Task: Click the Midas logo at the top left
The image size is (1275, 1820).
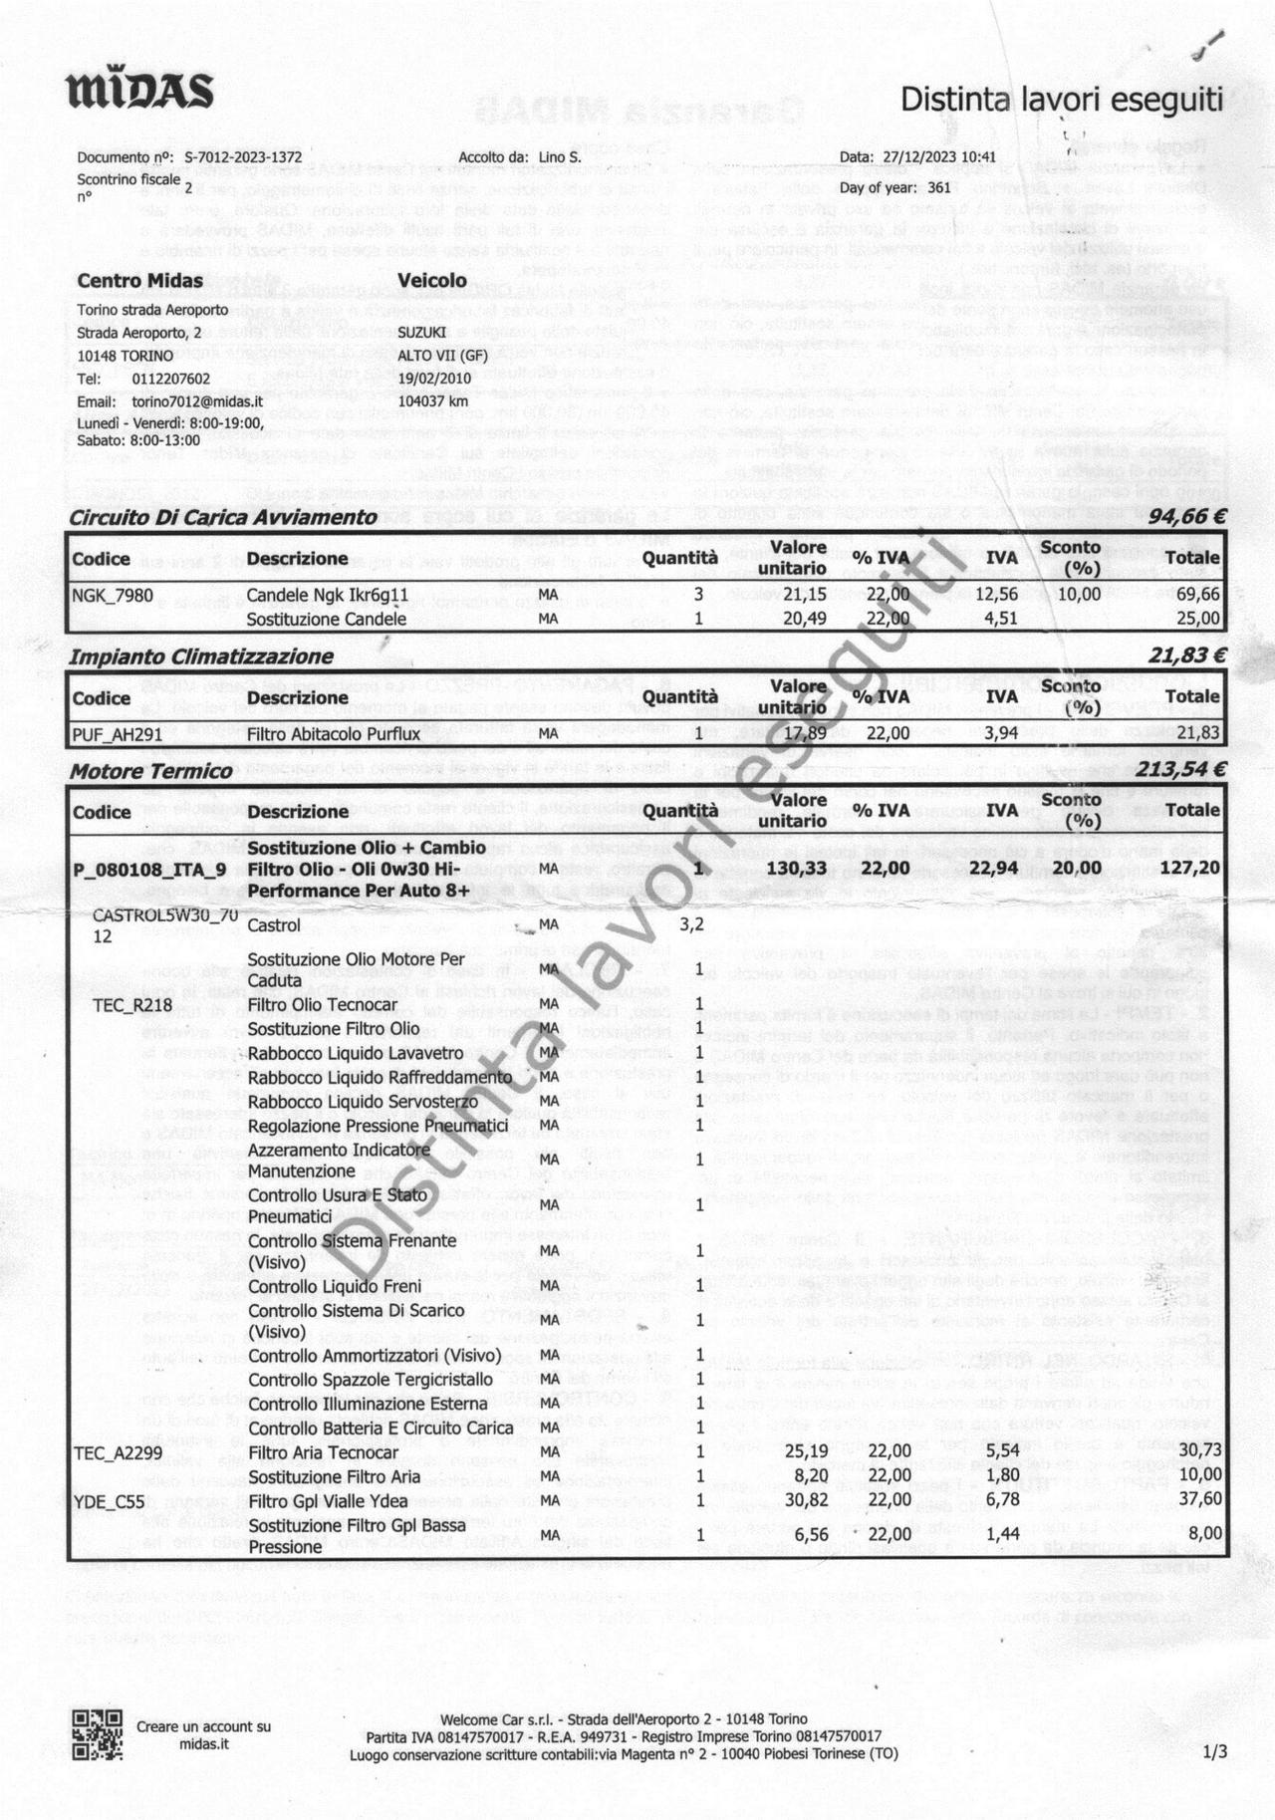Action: (x=139, y=91)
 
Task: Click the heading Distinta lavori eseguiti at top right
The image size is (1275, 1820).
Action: (x=1061, y=99)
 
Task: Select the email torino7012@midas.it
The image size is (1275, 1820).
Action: (x=197, y=401)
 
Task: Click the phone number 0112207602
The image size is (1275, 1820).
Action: (x=171, y=379)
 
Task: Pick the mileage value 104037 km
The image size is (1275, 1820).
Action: (x=433, y=401)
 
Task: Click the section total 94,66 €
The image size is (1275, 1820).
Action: (x=1186, y=516)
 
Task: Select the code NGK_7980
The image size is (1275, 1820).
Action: (x=113, y=595)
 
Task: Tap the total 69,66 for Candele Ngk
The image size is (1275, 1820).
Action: (x=1198, y=595)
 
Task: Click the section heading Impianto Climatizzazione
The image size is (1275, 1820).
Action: (x=201, y=656)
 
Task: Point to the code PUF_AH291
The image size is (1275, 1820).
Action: (x=118, y=733)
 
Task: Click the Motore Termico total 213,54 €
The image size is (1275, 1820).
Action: (x=1180, y=770)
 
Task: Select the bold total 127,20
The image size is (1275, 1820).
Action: (x=1190, y=868)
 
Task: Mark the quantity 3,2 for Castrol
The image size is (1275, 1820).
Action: (x=692, y=924)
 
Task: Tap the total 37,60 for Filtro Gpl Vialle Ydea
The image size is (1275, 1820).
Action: (x=1200, y=1500)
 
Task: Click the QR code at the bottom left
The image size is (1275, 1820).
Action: (x=97, y=1734)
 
